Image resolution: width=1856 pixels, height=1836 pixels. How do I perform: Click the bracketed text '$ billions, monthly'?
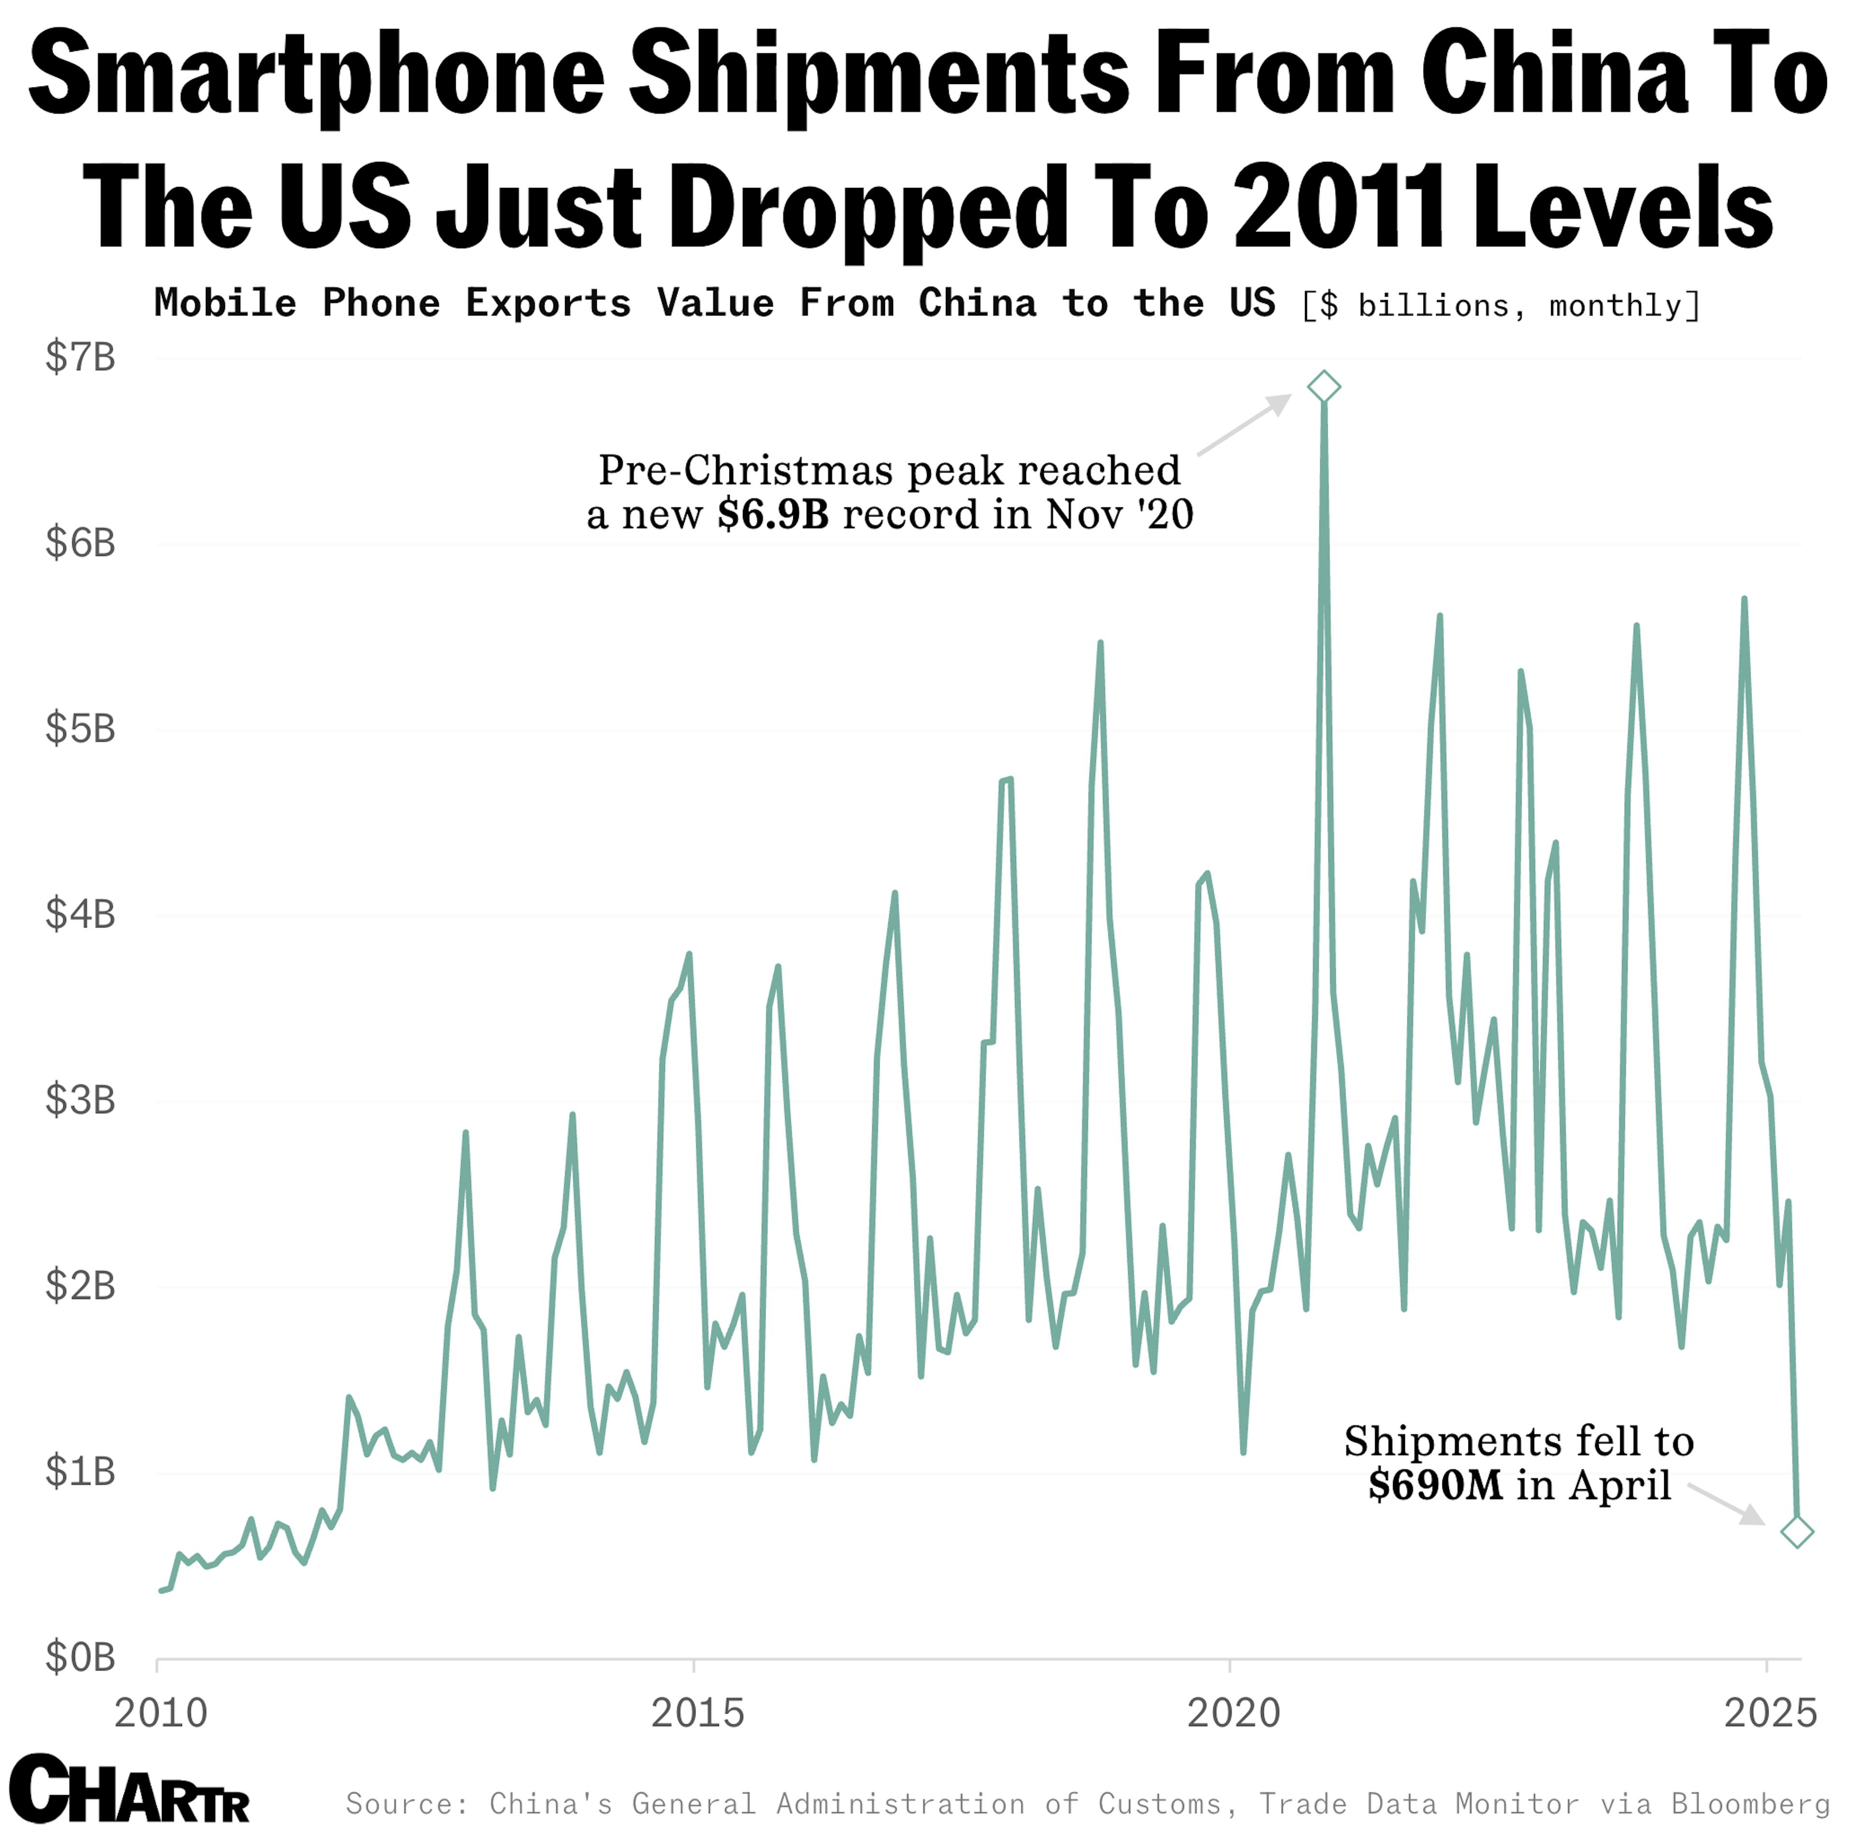tap(1501, 305)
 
